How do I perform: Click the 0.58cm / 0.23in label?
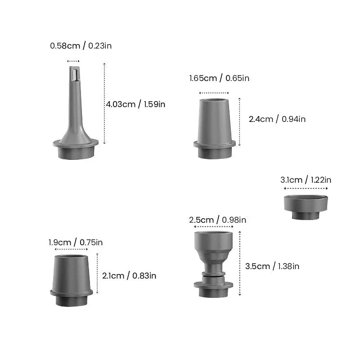80,45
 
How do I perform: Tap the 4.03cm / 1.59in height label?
135,104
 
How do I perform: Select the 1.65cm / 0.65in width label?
219,78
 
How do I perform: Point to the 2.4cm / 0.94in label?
277,119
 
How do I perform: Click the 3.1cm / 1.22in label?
306,180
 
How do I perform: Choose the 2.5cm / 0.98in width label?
217,220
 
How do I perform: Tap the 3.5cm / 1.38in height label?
272,266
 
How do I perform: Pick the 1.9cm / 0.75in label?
76,242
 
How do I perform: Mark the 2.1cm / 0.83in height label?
129,276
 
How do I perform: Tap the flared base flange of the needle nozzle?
75,144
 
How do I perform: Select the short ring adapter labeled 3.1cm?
306,205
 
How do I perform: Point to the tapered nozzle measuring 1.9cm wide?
72,279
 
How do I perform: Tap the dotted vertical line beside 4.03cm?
104,103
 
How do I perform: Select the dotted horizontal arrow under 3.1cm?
306,189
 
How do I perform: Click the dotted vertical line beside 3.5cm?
240,263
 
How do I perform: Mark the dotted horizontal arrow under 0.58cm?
73,61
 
